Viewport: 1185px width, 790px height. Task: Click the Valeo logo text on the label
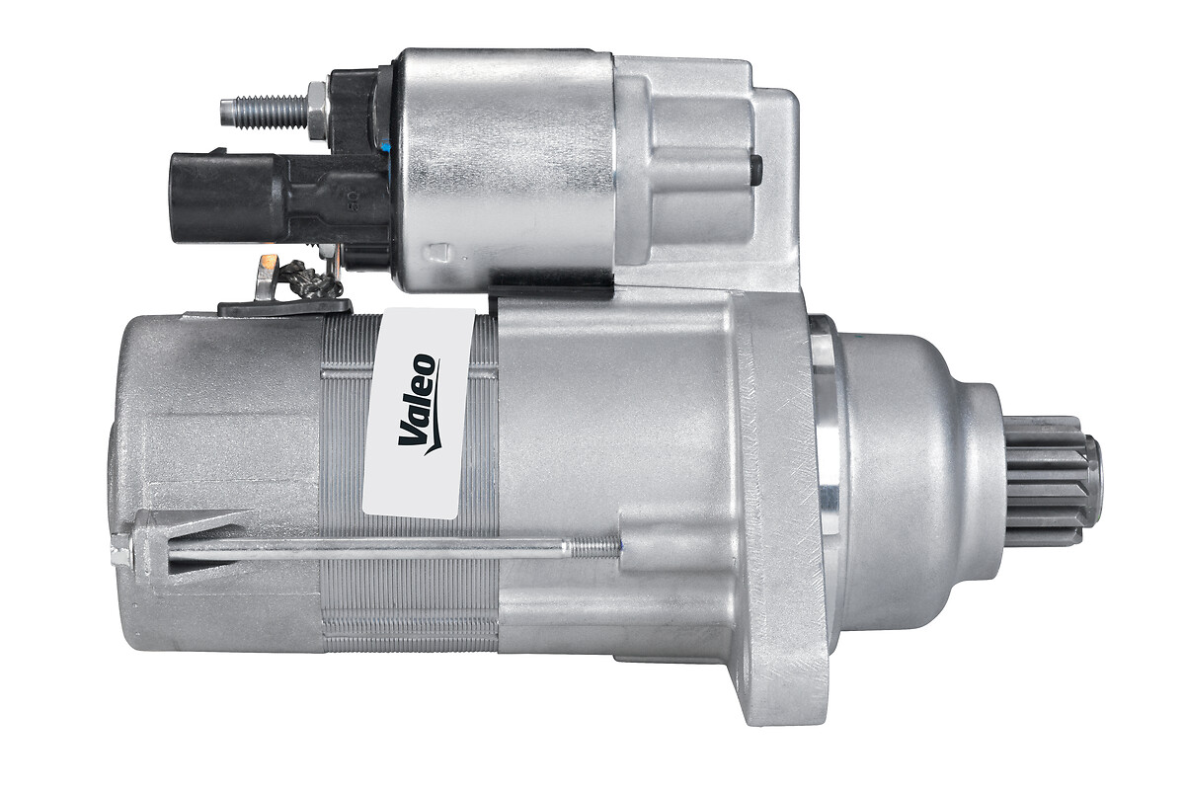[419, 405]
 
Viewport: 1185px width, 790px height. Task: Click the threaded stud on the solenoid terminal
[264, 113]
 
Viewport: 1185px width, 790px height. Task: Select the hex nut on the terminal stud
[317, 112]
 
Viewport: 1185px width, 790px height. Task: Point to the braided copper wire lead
[312, 278]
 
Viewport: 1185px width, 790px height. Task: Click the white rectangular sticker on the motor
[418, 413]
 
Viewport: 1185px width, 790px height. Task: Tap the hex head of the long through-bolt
[120, 551]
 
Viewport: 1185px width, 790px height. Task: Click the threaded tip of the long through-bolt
[592, 547]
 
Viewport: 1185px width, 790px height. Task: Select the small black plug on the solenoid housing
[756, 171]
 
